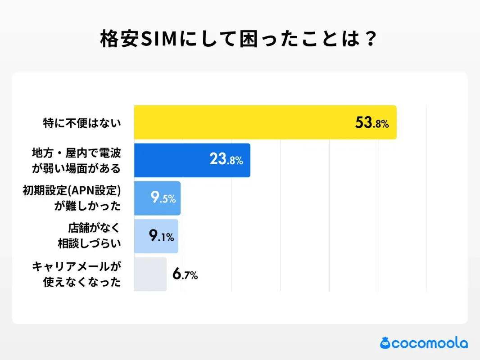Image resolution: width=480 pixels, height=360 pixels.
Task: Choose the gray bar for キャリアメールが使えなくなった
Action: point(150,274)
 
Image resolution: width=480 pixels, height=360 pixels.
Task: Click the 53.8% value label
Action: point(371,123)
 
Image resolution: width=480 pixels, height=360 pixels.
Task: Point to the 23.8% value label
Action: point(226,160)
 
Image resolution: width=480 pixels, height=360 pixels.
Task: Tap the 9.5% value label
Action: point(163,198)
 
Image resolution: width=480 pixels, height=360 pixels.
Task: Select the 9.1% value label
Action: point(161,236)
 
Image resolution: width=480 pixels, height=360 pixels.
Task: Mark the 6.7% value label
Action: point(185,274)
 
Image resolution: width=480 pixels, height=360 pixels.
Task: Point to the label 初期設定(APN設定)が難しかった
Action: point(72,198)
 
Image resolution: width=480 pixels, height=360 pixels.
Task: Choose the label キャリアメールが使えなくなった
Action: point(77,274)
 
